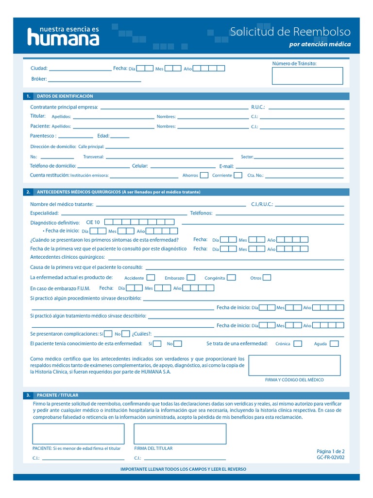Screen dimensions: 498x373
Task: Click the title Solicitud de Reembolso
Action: pyautogui.click(x=290, y=32)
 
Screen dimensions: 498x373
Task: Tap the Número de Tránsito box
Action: pyautogui.click(x=307, y=76)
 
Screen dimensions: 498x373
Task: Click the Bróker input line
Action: pyautogui.click(x=94, y=80)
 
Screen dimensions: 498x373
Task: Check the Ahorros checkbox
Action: pyautogui.click(x=204, y=175)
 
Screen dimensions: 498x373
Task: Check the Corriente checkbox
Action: pyautogui.click(x=238, y=175)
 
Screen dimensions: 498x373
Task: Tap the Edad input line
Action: pyautogui.click(x=120, y=137)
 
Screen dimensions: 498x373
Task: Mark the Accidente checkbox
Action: pyautogui.click(x=151, y=277)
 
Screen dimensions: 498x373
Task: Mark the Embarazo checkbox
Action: pyautogui.click(x=191, y=277)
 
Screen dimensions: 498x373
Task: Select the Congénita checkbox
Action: pyautogui.click(x=231, y=277)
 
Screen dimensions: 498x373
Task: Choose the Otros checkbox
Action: pyautogui.click(x=267, y=277)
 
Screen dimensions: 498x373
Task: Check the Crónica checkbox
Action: pyautogui.click(x=297, y=343)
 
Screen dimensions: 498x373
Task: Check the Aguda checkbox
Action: pyautogui.click(x=334, y=343)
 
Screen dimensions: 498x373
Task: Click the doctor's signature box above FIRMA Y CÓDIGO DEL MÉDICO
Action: pyautogui.click(x=294, y=365)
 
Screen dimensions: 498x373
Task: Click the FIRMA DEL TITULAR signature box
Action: pyautogui.click(x=180, y=434)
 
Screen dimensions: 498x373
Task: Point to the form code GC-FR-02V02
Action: pyautogui.click(x=330, y=458)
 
